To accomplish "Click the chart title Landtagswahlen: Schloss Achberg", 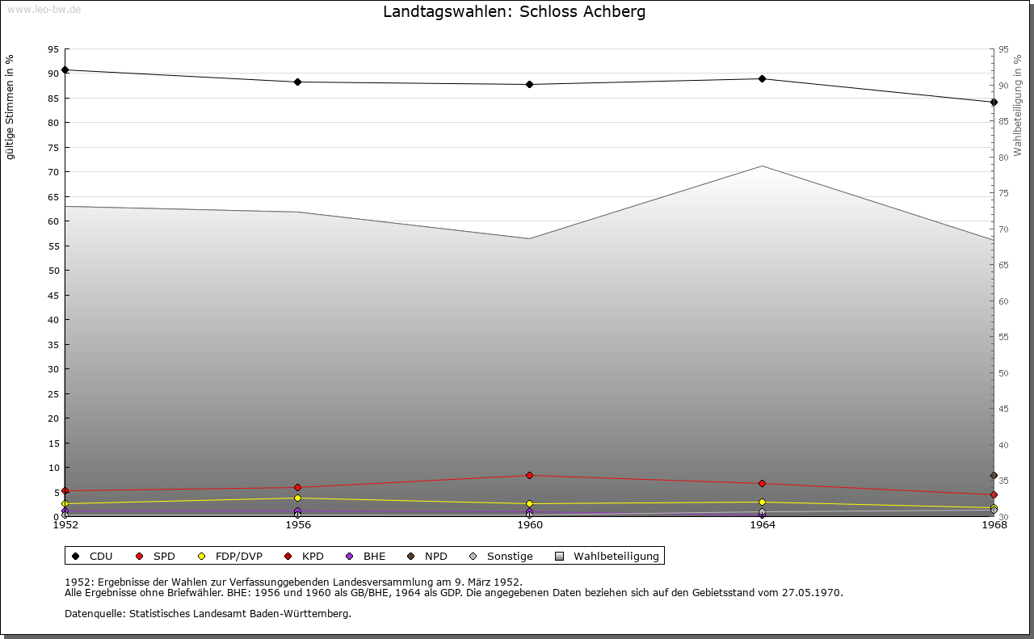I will (x=515, y=12).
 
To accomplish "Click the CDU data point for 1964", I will (x=762, y=78).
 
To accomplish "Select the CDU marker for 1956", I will (x=297, y=82).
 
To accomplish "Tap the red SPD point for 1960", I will (x=529, y=475).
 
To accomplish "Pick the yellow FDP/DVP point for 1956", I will (x=297, y=498).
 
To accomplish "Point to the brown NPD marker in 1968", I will (x=994, y=476).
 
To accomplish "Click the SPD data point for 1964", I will (x=762, y=484).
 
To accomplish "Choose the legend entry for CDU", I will (x=94, y=556).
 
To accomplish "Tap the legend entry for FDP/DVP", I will (x=231, y=556).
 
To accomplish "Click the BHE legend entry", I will (x=367, y=556).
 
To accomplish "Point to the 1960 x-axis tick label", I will (x=530, y=525).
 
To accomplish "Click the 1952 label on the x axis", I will (x=65, y=525).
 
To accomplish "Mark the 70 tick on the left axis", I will (x=53, y=172).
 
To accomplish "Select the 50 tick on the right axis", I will (x=1003, y=373).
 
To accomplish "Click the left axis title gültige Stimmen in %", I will (x=11, y=107).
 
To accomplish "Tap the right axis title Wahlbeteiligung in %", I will (x=1018, y=105).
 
